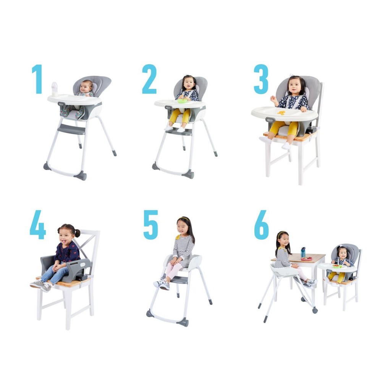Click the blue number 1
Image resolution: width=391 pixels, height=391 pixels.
pos(37,79)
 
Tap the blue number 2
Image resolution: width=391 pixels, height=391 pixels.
pos(149,79)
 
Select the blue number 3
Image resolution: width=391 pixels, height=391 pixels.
pos(261,79)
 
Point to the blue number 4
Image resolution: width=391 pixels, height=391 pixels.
pos(38,225)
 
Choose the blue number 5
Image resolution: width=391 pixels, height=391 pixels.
pos(150,225)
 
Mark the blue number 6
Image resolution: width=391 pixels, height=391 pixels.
pos(262,225)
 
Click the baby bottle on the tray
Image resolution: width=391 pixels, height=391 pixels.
pos(54,89)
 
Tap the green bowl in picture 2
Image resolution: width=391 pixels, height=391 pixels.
pos(182,101)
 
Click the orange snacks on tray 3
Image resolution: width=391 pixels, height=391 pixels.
pos(281,113)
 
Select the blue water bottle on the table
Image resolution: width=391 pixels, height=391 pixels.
pos(303,252)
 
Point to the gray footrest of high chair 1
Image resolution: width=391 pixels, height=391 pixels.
pos(71,129)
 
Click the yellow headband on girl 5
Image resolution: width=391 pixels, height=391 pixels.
pos(183,219)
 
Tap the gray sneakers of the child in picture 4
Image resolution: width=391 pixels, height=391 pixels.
pos(41,286)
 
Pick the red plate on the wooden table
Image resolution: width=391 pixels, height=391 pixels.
pos(307,259)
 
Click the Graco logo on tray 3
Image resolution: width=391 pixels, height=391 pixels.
pos(270,120)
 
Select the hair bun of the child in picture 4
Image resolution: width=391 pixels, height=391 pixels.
pos(78,233)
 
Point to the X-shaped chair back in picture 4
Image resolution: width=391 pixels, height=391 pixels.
pos(85,245)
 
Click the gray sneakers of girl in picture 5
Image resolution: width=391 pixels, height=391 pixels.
pos(162,284)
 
